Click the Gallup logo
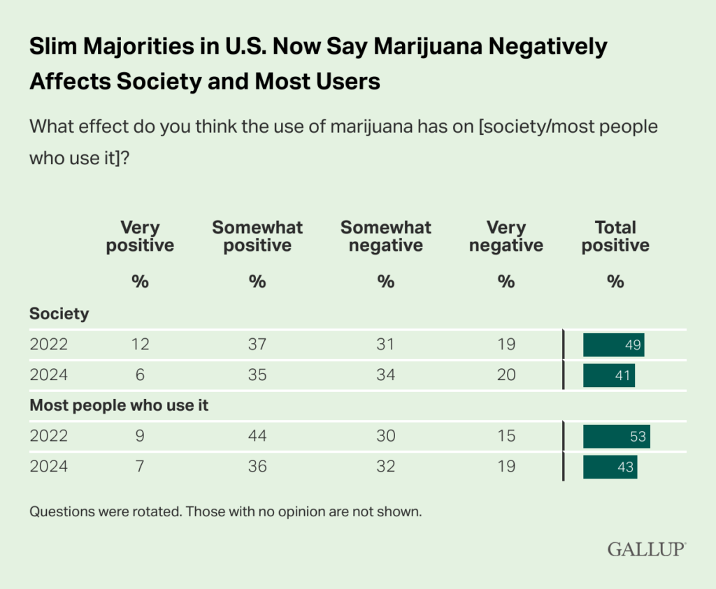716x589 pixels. click(646, 549)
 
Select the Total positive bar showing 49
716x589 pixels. click(613, 344)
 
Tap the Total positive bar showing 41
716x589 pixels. click(609, 375)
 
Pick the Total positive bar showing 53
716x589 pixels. click(617, 437)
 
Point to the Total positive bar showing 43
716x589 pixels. click(610, 467)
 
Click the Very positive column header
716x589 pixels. click(140, 236)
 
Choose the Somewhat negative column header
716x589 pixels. click(385, 236)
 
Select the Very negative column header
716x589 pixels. click(506, 236)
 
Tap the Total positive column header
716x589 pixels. click(615, 236)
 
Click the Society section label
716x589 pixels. click(59, 314)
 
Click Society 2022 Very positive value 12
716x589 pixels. click(140, 344)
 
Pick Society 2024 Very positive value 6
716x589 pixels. click(140, 375)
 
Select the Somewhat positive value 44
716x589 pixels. click(257, 437)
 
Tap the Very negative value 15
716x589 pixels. click(506, 437)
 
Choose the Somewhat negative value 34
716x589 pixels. click(385, 375)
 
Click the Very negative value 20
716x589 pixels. click(506, 375)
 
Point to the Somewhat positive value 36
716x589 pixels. click(257, 467)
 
